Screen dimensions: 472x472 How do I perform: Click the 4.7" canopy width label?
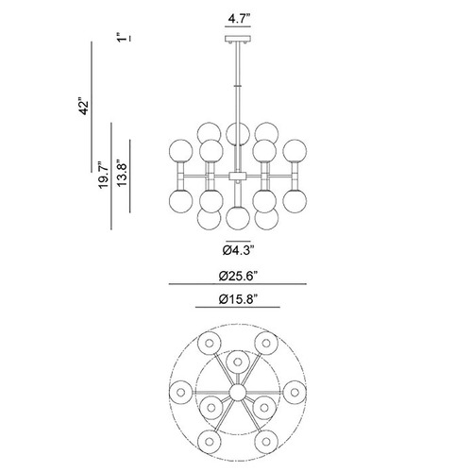tap(239, 19)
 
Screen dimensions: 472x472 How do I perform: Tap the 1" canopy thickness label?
tap(120, 37)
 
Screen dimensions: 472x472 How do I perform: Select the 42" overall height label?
tap(84, 108)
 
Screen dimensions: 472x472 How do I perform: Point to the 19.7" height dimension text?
tap(104, 176)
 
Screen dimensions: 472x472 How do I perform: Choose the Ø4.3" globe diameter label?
tap(238, 250)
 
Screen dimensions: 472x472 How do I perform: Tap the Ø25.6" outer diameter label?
tap(238, 277)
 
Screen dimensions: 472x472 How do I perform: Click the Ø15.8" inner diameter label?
tap(238, 299)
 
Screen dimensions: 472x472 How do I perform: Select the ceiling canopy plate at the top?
tap(238, 39)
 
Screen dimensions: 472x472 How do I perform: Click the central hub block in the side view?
tap(238, 176)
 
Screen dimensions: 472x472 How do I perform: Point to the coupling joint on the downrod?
tap(238, 85)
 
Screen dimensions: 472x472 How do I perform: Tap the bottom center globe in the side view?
tap(238, 217)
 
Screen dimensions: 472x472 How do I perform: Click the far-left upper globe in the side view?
tap(180, 151)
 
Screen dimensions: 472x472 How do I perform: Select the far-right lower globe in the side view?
tap(295, 201)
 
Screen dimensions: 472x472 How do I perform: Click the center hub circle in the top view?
tap(238, 393)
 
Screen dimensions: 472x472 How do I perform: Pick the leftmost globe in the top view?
tap(180, 393)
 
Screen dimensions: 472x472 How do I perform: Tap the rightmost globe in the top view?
tap(295, 393)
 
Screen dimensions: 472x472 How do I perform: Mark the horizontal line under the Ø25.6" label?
tap(238, 284)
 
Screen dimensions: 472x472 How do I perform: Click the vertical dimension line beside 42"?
tap(92, 107)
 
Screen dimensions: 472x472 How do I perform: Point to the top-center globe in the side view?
tap(238, 133)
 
